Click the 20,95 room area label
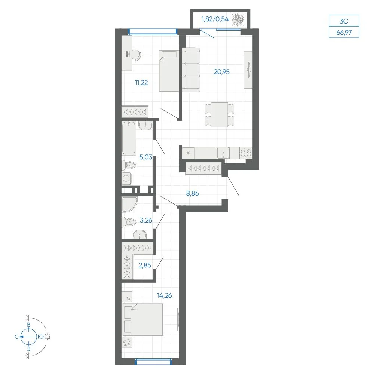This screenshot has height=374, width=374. pos(221,72)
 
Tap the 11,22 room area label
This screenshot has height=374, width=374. pos(141,83)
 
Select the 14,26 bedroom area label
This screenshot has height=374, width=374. pos(164,295)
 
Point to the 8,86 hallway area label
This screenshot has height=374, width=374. pos(192,193)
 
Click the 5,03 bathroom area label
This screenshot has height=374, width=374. pos(146,157)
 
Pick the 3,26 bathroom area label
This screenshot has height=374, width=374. pos(146,220)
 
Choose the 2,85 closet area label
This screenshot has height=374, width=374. pos(145,265)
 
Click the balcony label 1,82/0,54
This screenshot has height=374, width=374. pos(215,19)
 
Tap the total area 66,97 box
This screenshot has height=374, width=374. pos(344,32)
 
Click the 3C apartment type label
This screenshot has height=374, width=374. pos(344,21)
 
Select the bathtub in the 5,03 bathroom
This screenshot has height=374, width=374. pos(129,138)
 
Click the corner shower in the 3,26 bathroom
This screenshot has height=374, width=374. pos(129,205)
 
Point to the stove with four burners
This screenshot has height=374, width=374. pos(246,153)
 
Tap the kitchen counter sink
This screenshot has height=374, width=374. pos(223,153)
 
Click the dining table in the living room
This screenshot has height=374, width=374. pos(220,114)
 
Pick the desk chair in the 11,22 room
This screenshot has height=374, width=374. pos(136,55)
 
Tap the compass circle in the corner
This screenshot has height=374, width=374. pos(29,337)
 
